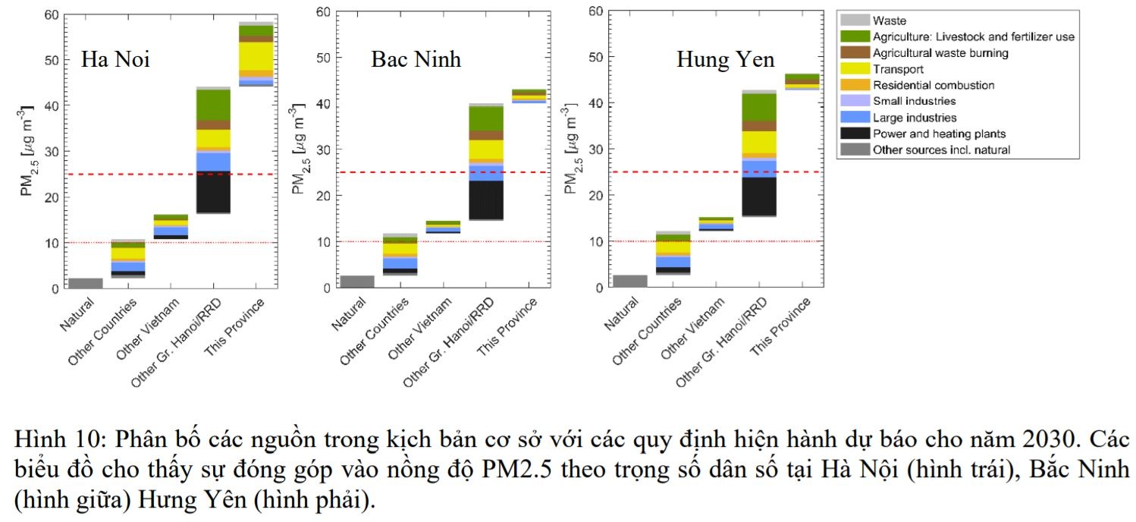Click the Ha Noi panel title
coord(115,59)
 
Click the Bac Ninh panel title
coord(416,59)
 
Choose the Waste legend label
coord(890,20)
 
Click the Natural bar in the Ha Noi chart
coord(85,284)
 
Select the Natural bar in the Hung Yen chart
coord(629,281)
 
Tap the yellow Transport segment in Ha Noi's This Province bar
coord(256,55)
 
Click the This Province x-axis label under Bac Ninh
coord(508,326)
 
